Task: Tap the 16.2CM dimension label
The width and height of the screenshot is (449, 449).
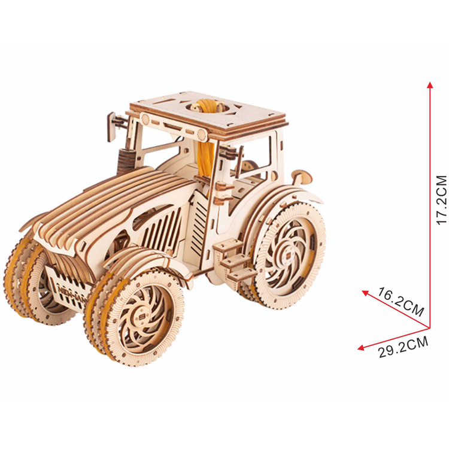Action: (x=400, y=302)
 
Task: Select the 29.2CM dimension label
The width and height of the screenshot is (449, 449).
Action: (x=404, y=347)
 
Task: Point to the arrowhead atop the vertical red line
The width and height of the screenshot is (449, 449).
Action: (x=429, y=85)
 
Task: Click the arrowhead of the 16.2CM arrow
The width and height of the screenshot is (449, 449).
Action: (x=365, y=293)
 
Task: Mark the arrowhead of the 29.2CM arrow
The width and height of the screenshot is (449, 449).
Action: (x=361, y=348)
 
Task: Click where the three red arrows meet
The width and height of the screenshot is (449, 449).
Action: (x=429, y=327)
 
